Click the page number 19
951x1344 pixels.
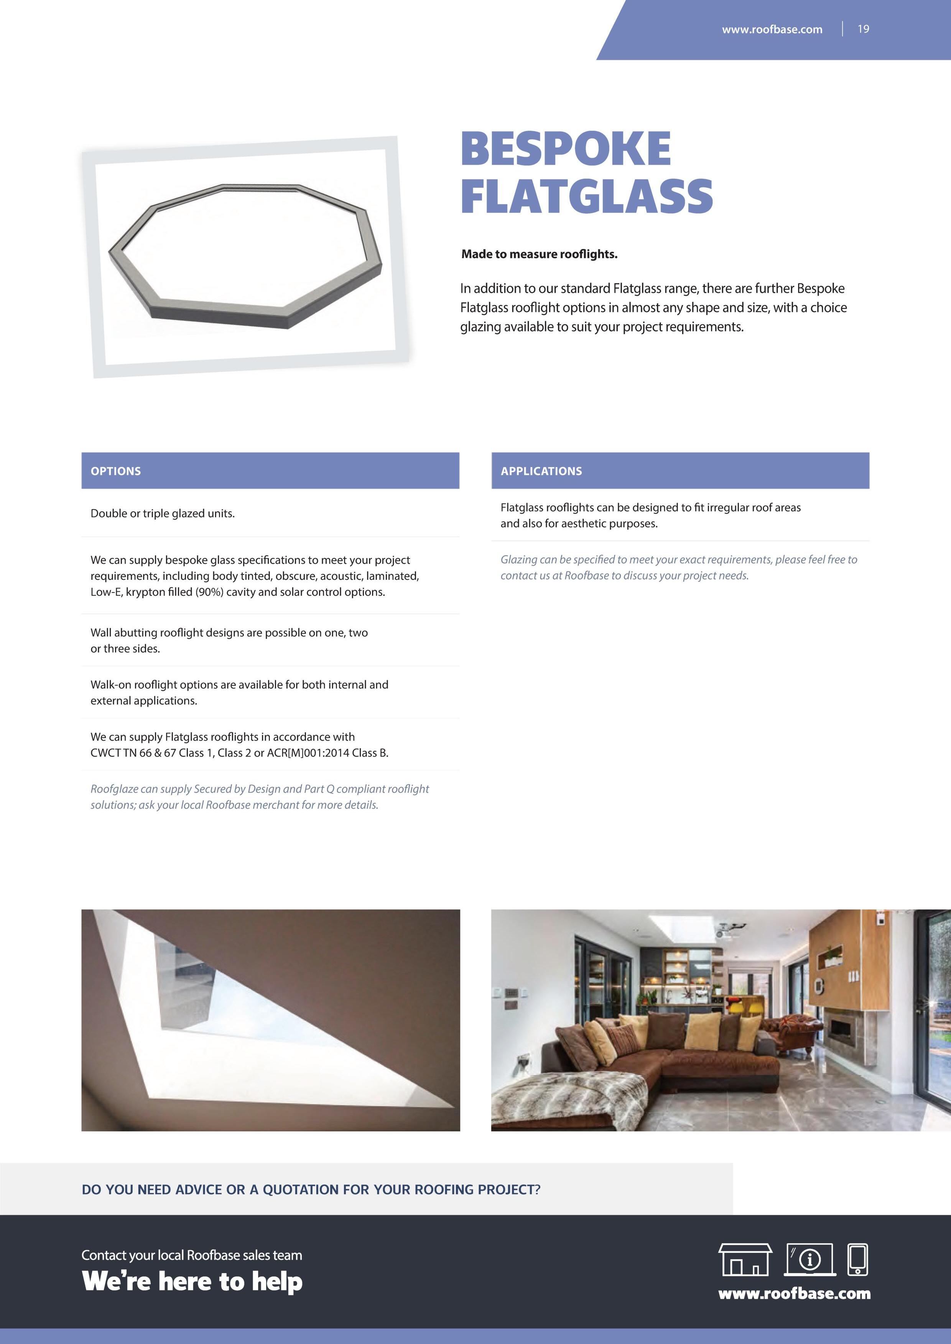863,29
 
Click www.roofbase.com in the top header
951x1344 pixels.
772,29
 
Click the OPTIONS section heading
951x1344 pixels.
115,471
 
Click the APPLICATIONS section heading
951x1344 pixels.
541,471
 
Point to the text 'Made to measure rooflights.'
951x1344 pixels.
539,254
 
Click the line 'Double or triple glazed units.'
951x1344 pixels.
162,514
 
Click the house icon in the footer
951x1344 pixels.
745,1259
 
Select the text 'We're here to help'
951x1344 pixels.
192,1282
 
